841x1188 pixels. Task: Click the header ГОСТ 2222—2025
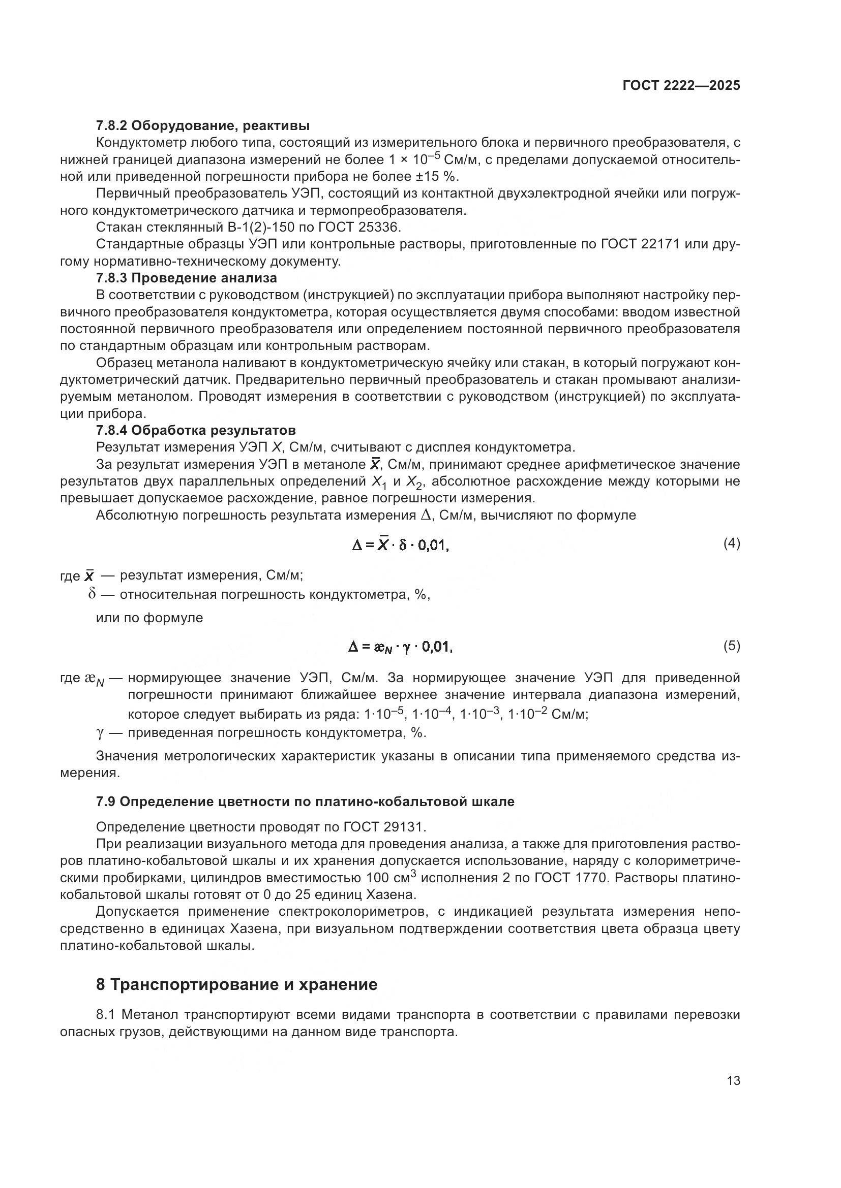point(681,86)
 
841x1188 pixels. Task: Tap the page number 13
point(733,1081)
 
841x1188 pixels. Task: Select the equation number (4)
point(731,543)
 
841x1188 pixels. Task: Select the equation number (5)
point(731,646)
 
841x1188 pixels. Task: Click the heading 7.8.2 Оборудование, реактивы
point(202,126)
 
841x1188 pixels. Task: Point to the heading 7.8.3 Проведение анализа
point(187,278)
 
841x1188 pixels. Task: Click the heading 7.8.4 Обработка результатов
point(196,431)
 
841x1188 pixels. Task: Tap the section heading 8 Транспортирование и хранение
point(236,985)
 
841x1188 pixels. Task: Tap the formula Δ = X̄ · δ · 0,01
point(400,545)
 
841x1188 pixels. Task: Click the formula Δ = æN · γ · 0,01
point(400,647)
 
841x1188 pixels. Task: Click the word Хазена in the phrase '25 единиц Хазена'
point(391,894)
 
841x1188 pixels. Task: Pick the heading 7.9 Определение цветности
point(305,802)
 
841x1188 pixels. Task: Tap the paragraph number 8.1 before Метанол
point(107,1015)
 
